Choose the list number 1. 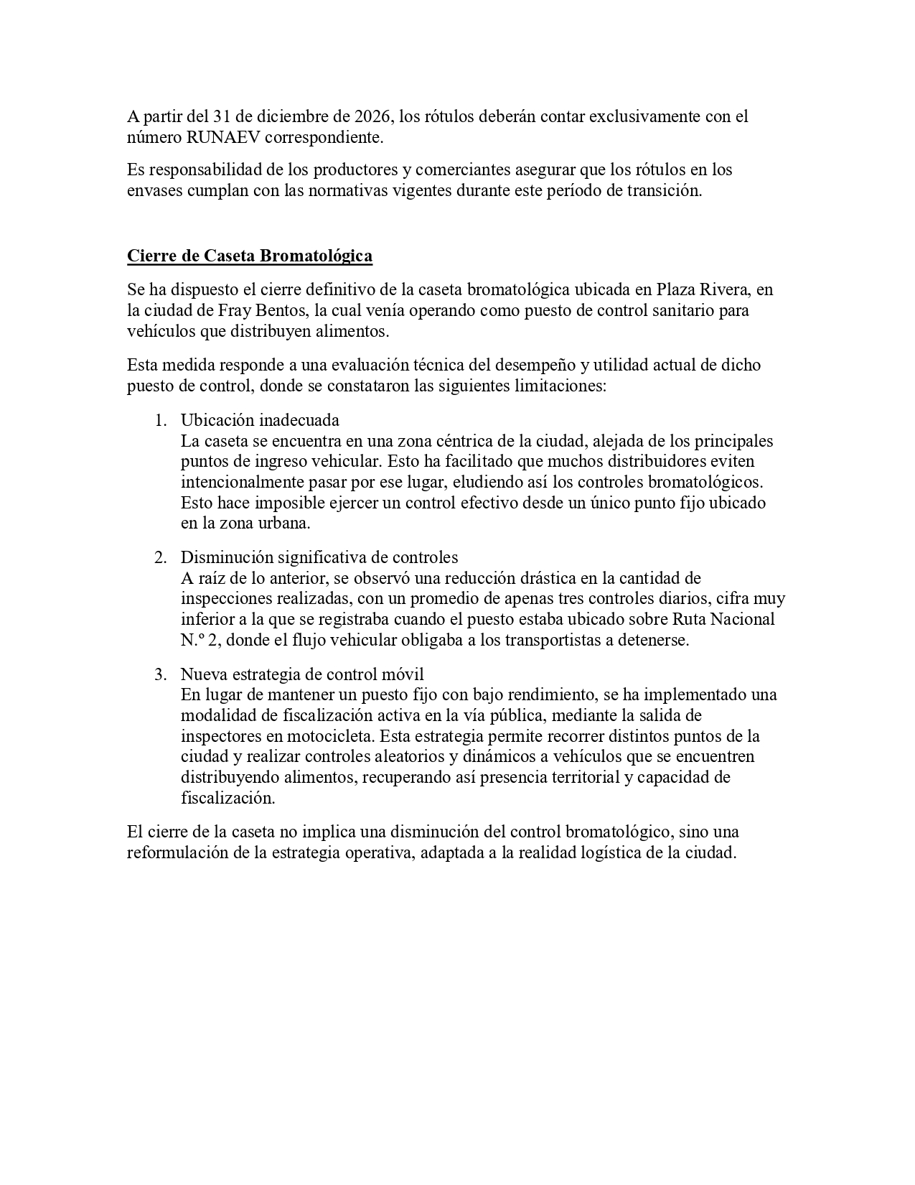pos(161,420)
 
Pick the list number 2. pos(161,557)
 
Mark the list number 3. pos(161,674)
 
